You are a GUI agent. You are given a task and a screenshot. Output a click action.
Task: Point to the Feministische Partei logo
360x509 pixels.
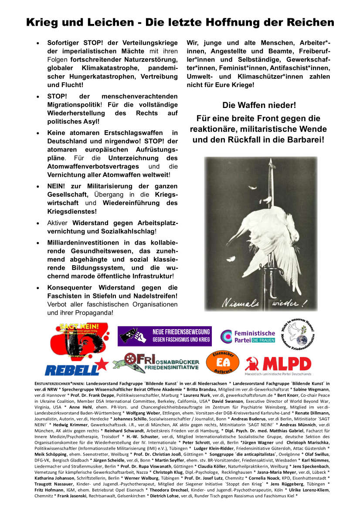tap(248, 337)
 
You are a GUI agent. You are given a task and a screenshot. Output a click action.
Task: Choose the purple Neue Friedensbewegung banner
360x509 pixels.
tap(164, 336)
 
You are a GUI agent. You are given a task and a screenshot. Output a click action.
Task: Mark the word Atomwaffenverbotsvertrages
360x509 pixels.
tap(93, 166)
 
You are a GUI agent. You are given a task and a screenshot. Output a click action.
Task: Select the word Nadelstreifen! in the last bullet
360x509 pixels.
tap(151, 296)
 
